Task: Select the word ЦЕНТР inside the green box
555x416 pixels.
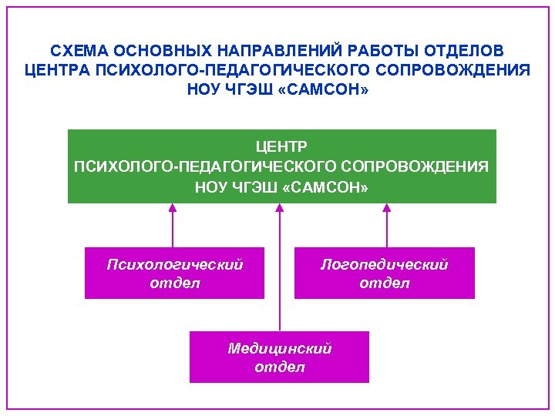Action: (x=281, y=146)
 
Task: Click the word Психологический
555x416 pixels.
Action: (x=174, y=264)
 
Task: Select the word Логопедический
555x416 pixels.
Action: (x=385, y=264)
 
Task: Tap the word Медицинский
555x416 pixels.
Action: (x=280, y=348)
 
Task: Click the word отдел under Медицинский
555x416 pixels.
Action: (x=280, y=367)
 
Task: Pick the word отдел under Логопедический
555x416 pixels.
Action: (x=385, y=283)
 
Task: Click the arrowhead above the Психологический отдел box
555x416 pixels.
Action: (x=173, y=209)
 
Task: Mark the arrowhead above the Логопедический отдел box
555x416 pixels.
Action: (x=387, y=209)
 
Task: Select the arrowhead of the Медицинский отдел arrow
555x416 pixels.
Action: (x=280, y=209)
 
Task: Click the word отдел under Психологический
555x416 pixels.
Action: (x=174, y=283)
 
